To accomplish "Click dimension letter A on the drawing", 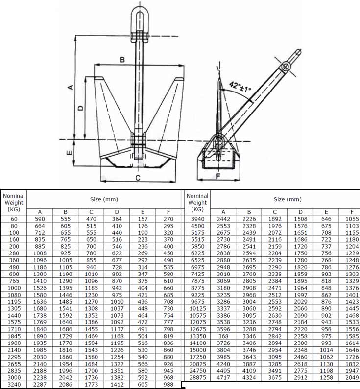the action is point(71,87).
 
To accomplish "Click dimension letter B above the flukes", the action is point(122,60).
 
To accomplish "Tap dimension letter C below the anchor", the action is point(138,178).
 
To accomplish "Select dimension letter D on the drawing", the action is point(80,108).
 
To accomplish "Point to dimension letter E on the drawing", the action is point(70,152).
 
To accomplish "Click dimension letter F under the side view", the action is point(218,176).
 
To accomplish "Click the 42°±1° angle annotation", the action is point(240,86).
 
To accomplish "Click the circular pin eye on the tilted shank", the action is point(286,67).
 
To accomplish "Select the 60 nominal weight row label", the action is point(14,219).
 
